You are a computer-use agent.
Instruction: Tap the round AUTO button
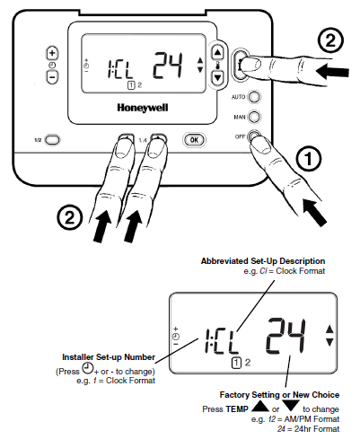coord(254,97)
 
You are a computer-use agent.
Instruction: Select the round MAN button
coord(254,117)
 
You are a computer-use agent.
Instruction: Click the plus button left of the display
coord(52,54)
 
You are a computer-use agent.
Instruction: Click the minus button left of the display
coord(52,77)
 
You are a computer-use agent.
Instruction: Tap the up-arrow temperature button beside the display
coord(216,54)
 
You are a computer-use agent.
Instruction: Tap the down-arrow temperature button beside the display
coord(216,77)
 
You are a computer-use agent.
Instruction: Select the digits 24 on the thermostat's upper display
coord(167,65)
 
